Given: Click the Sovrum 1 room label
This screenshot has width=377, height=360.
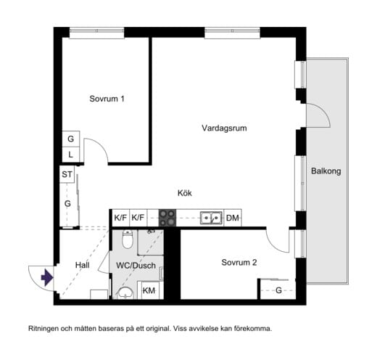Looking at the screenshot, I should tap(107, 99).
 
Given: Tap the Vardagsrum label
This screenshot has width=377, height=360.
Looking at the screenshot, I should tap(225, 128).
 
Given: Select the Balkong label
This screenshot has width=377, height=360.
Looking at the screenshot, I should tap(326, 171).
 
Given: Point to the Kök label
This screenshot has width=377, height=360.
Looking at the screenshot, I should tap(185, 193).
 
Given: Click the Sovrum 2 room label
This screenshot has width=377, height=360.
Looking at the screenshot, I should tap(239, 263).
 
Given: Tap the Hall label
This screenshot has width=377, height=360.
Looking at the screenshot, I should tap(82, 266).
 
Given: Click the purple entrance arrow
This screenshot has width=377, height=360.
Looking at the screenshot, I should tap(46, 277).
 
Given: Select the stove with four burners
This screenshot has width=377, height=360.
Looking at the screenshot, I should tap(167, 217).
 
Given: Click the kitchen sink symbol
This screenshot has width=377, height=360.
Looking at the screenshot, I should tap(212, 217).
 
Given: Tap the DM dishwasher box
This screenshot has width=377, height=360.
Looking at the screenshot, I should tap(232, 217).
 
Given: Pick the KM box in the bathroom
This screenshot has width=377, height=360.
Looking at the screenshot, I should tap(149, 290).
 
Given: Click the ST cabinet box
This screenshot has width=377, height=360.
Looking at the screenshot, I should tap(67, 174).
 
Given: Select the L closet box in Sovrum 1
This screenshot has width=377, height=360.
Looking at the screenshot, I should tap(70, 154).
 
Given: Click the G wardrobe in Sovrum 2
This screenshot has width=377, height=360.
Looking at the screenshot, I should tap(278, 290).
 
